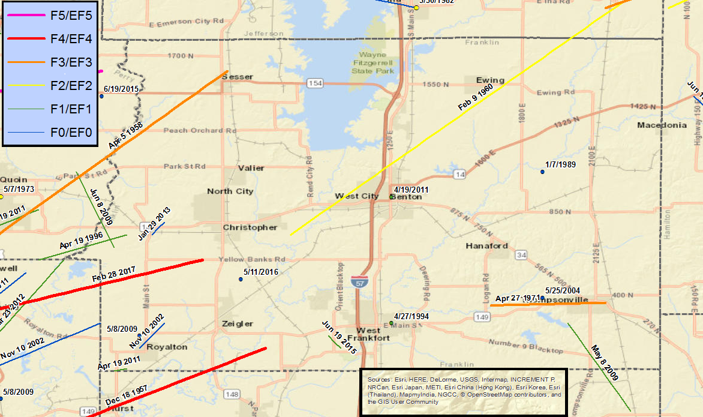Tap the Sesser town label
click(238, 77)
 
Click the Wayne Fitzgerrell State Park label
click(372, 62)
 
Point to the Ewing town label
click(490, 80)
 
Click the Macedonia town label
click(662, 125)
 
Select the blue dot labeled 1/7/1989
click(542, 172)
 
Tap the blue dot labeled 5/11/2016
click(241, 279)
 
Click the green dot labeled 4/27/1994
click(391, 323)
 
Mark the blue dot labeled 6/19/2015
click(102, 96)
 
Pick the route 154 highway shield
click(314, 83)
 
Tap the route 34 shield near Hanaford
click(521, 256)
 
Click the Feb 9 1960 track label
click(475, 97)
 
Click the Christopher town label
click(250, 227)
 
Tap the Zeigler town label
click(238, 323)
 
